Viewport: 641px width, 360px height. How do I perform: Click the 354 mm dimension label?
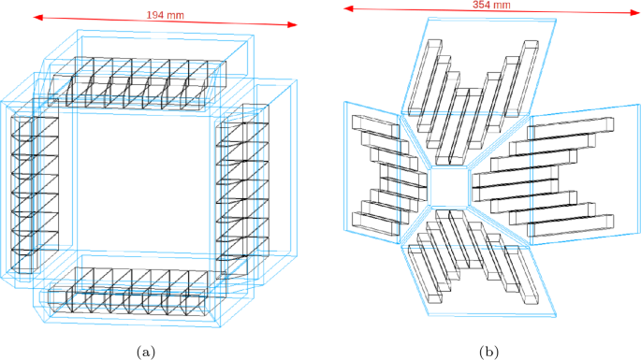coord(491,6)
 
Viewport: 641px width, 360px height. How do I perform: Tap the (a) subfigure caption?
coord(144,352)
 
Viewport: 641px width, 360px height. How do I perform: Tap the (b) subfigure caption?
coord(488,352)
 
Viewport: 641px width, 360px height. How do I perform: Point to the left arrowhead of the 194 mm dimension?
coord(36,15)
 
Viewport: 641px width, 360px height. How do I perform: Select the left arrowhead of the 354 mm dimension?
coord(345,7)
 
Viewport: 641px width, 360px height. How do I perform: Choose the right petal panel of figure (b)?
coord(571,173)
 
